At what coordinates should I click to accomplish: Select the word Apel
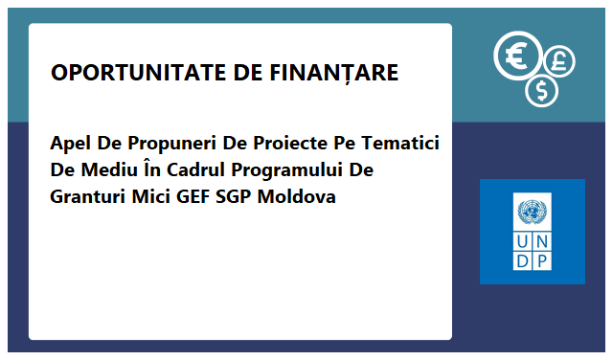point(70,145)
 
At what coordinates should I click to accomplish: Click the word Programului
point(304,171)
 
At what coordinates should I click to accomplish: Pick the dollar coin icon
point(542,91)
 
